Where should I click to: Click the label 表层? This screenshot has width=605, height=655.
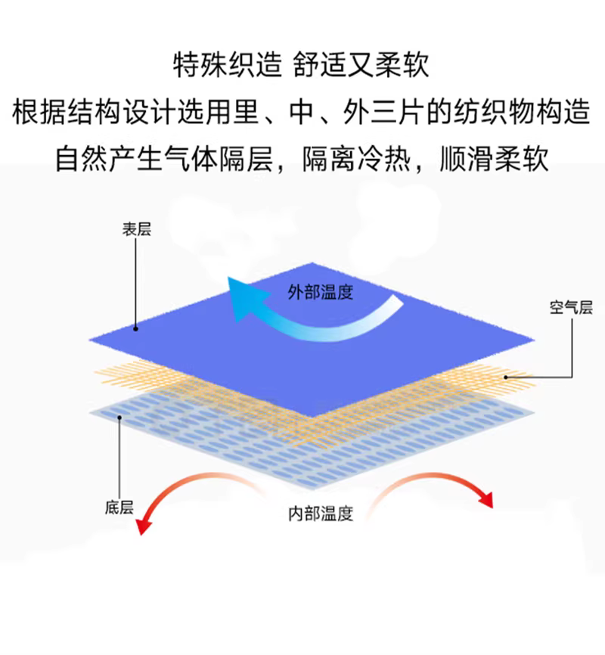(136, 230)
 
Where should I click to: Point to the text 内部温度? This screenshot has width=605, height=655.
(321, 514)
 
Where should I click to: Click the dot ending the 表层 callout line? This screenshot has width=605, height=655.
(136, 328)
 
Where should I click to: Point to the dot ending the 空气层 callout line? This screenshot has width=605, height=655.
(504, 375)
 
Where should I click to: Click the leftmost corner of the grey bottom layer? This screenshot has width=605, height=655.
(91, 411)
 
